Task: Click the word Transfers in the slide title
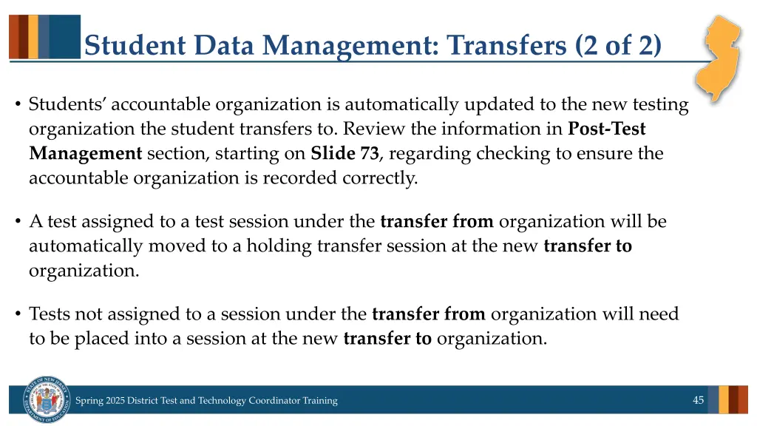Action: click(506, 46)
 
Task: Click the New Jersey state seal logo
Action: click(46, 399)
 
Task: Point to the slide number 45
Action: click(698, 400)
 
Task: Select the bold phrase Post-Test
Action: click(606, 129)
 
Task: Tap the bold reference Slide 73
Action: click(344, 154)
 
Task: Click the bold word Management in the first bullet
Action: click(85, 154)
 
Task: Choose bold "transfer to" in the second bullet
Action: click(588, 246)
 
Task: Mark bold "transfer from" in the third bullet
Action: click(429, 314)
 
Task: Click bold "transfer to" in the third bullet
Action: click(387, 339)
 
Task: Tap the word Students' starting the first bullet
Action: click(67, 105)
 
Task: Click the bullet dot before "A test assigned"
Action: click(17, 222)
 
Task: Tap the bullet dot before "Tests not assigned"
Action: click(17, 314)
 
